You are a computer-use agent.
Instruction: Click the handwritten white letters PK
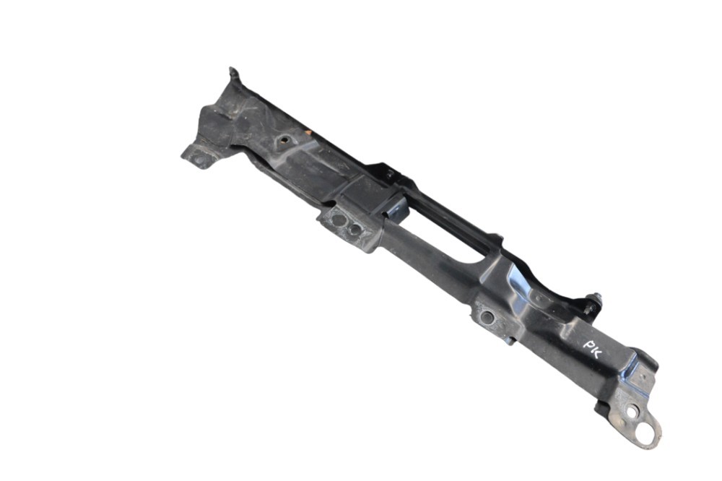[x=592, y=350]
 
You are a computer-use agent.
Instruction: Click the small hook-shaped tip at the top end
[x=233, y=74]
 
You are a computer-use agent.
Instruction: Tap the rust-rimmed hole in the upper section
[x=284, y=139]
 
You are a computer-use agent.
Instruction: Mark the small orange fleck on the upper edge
[x=309, y=132]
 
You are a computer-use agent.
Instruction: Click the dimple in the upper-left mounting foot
[x=199, y=160]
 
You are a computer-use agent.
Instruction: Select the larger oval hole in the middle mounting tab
[x=339, y=220]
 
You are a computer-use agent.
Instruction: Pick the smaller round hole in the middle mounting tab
[x=354, y=229]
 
